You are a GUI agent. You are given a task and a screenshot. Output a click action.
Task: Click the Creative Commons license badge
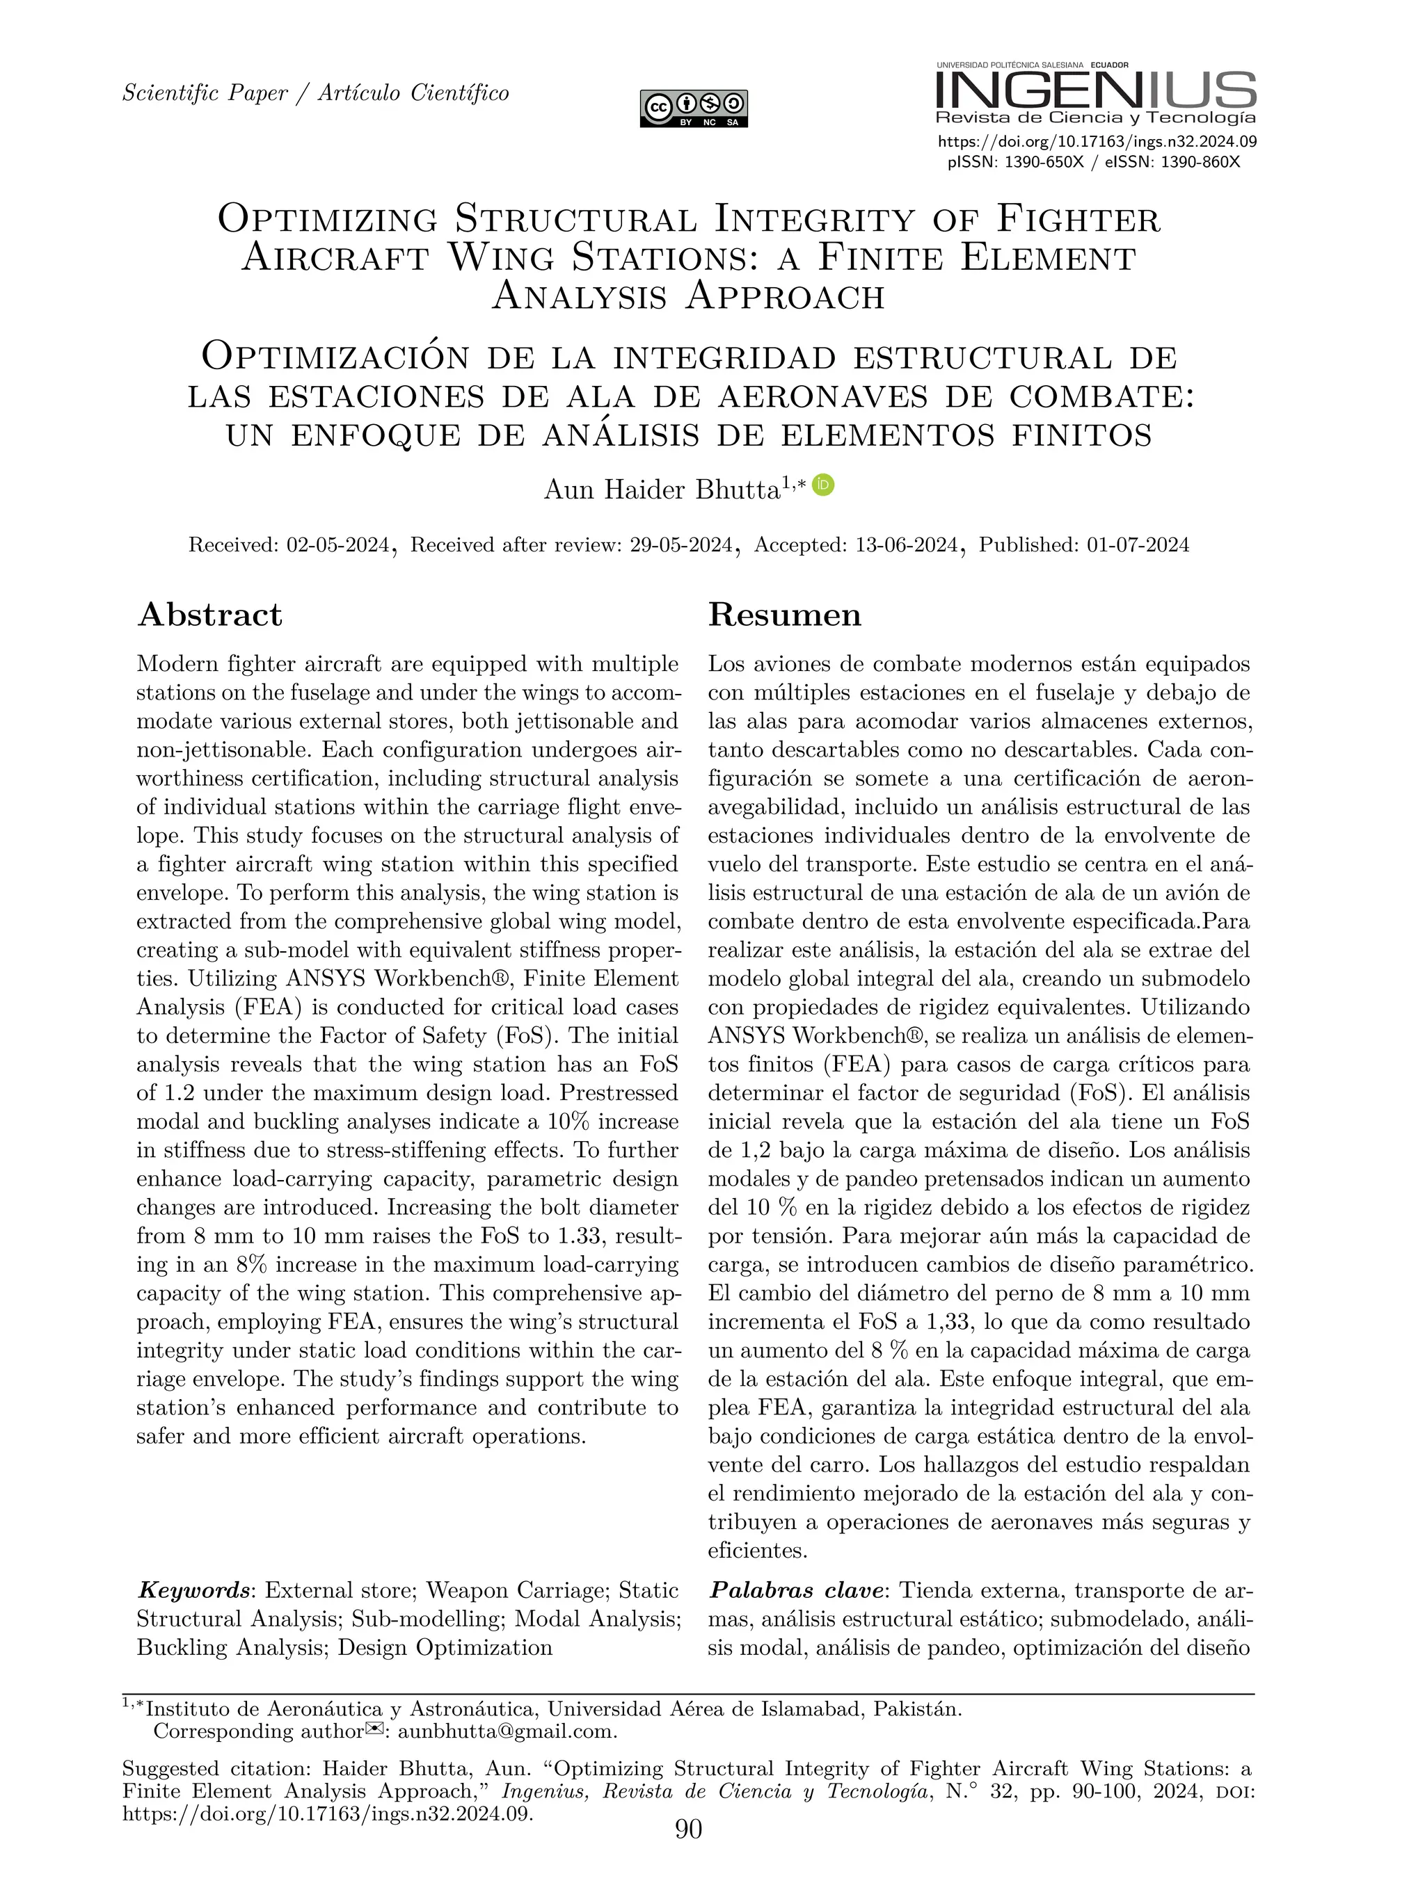(x=693, y=109)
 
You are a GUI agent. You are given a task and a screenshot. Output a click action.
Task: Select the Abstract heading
(x=209, y=615)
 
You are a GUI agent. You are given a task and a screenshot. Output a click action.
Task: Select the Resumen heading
(x=784, y=615)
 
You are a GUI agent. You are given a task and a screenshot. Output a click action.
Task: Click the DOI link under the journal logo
(x=1097, y=143)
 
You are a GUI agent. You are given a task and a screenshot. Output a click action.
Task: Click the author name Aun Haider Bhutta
(x=662, y=490)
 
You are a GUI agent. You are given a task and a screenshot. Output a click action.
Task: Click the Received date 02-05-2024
(x=337, y=544)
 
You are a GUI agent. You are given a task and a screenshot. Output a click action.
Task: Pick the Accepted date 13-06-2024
(x=906, y=544)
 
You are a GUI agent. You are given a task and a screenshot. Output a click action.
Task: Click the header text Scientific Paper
(x=205, y=92)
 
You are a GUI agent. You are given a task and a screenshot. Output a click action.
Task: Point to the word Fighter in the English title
(x=1078, y=219)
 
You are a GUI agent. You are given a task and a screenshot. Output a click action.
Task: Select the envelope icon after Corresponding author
(x=374, y=1729)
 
